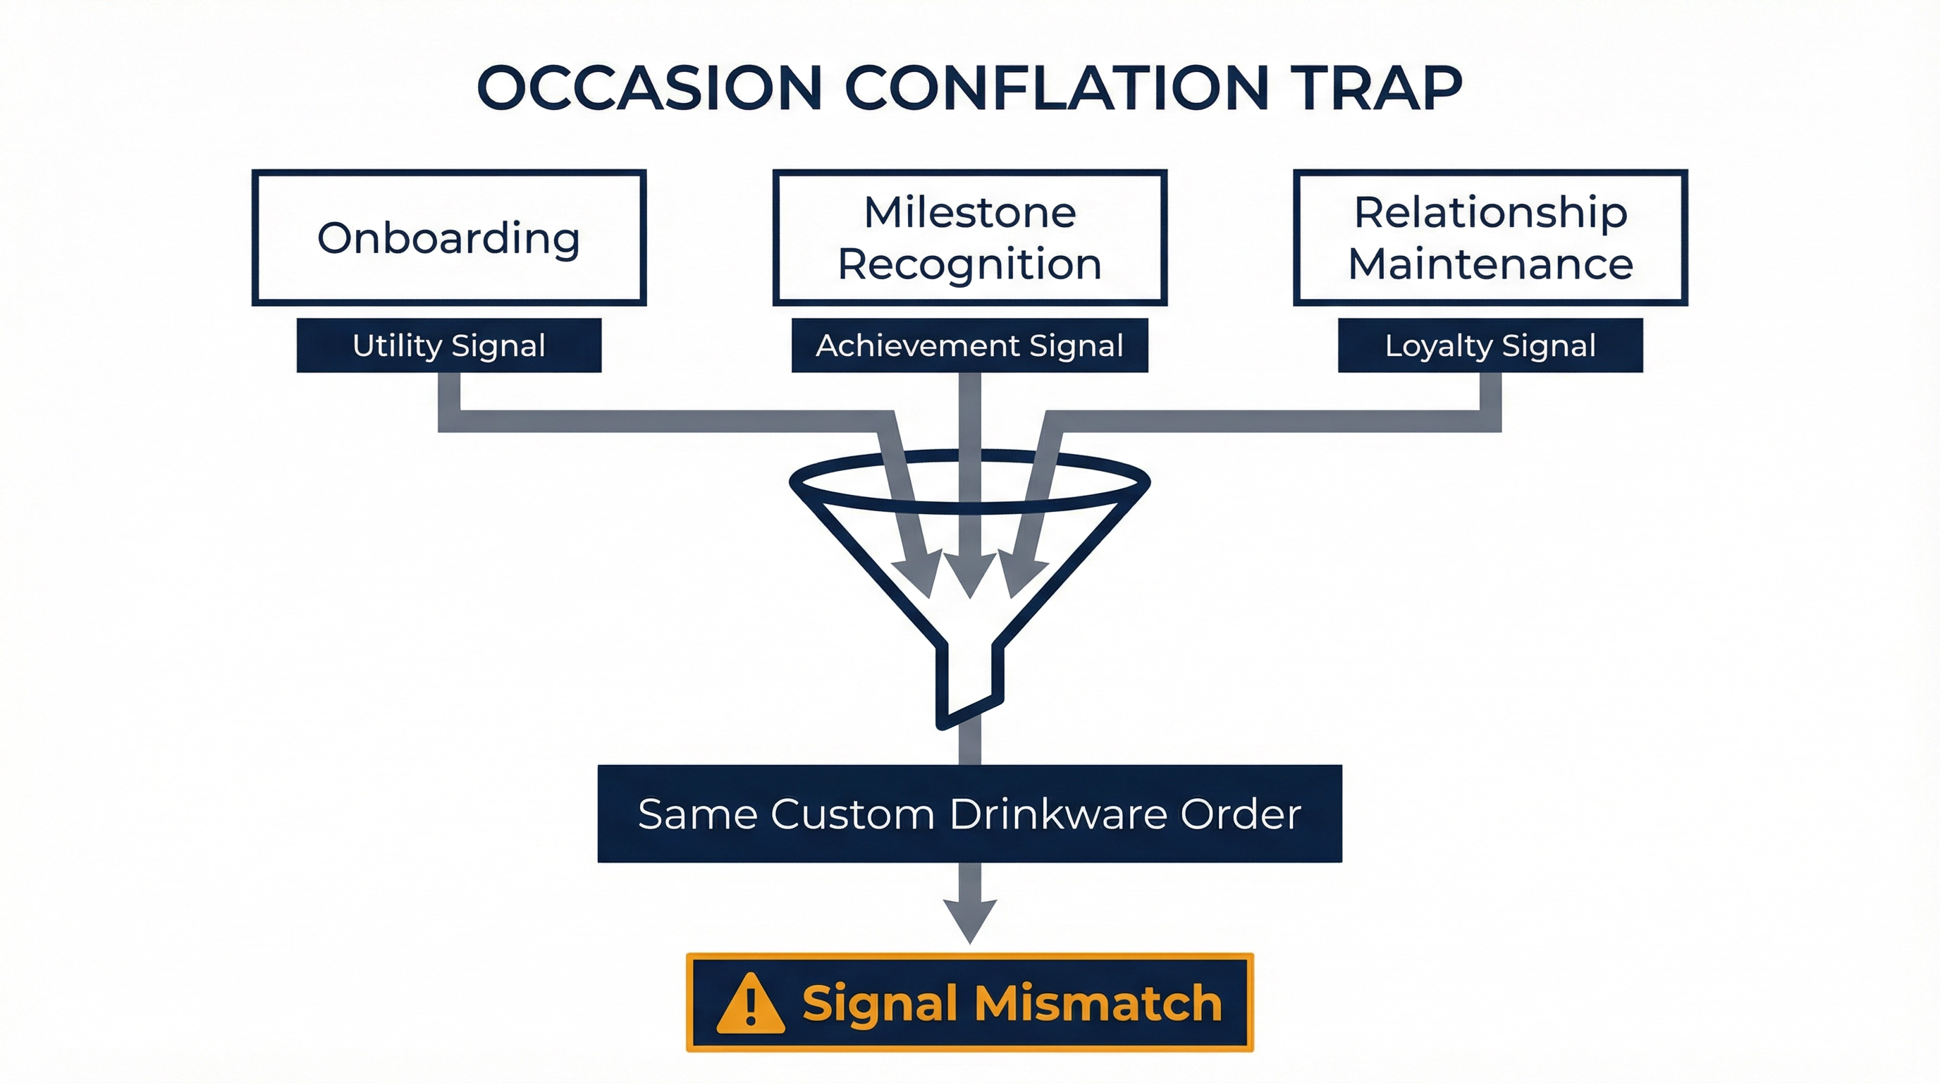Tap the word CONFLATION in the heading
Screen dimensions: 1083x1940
(1056, 88)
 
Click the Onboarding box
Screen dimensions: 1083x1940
(449, 238)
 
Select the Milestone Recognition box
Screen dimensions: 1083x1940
(969, 238)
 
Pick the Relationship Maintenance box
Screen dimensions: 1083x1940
(1490, 238)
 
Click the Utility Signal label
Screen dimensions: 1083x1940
(449, 345)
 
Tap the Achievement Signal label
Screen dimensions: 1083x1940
(969, 345)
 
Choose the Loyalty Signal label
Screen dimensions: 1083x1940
(1490, 345)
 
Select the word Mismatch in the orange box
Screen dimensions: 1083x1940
(1098, 1003)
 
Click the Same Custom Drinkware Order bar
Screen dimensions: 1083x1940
(969, 814)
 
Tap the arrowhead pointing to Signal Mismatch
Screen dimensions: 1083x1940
(970, 919)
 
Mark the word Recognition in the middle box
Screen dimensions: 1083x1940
(969, 264)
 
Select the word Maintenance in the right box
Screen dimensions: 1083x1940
(1490, 264)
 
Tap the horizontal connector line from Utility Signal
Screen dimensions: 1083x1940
(663, 421)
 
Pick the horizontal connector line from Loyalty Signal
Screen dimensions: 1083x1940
(1272, 421)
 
